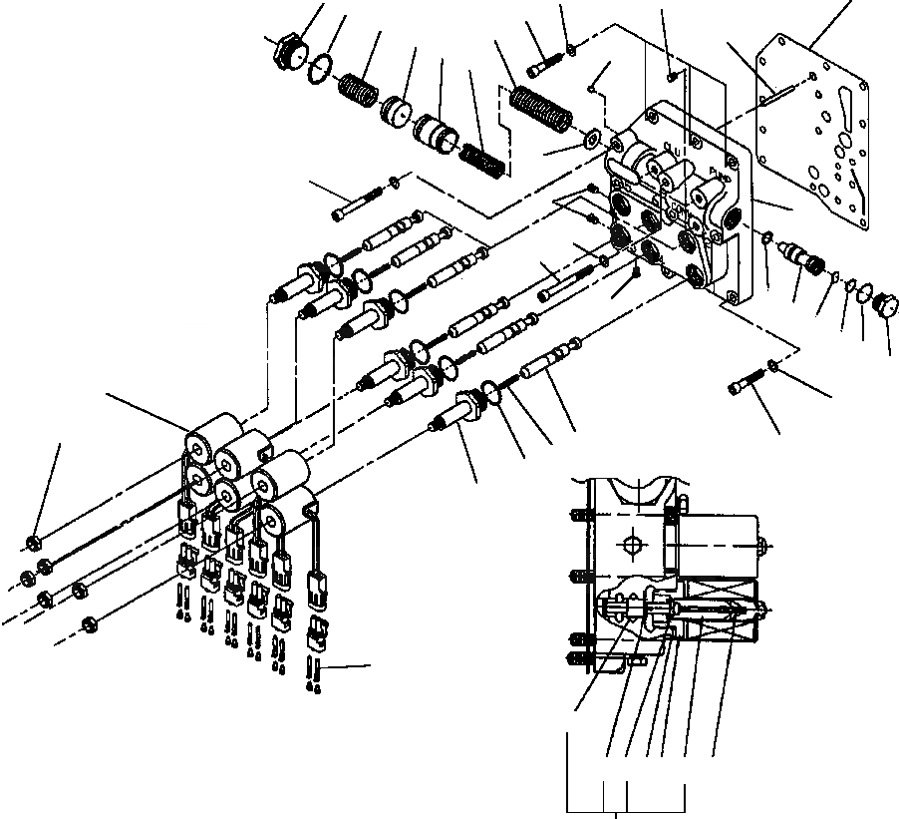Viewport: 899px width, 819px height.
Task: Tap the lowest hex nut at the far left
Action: pos(89,624)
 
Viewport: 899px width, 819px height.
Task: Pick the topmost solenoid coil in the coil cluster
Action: pos(213,436)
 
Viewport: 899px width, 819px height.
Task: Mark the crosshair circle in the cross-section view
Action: pos(632,545)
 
